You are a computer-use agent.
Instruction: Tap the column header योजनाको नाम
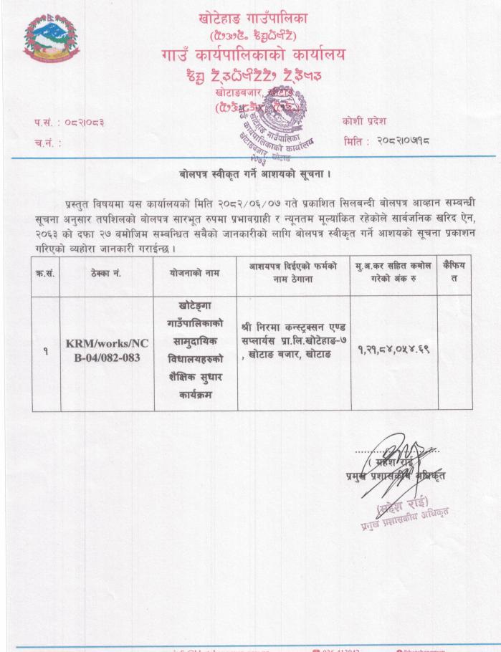point(195,272)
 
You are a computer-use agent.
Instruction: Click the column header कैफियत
point(454,272)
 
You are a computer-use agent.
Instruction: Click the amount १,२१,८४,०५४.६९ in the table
point(393,350)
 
